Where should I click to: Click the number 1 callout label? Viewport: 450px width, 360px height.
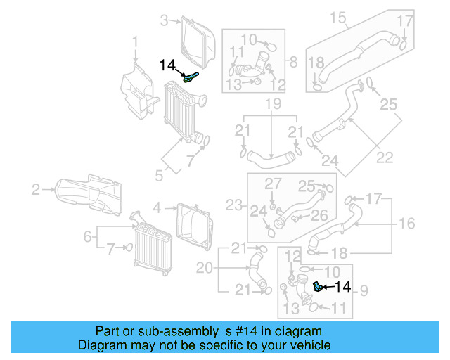tap(136, 46)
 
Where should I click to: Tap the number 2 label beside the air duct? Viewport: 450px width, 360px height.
tap(36, 188)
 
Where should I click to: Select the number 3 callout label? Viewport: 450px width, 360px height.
tap(163, 20)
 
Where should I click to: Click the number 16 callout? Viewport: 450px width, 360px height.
tap(407, 224)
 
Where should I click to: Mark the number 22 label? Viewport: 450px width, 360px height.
tap(385, 156)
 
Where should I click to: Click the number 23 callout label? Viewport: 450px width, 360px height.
tap(233, 205)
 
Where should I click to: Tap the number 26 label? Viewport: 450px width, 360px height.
tap(320, 214)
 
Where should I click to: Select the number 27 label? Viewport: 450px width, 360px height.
tap(272, 184)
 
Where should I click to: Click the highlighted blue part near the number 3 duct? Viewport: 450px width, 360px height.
tap(191, 77)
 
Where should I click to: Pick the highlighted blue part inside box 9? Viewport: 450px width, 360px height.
tap(318, 285)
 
